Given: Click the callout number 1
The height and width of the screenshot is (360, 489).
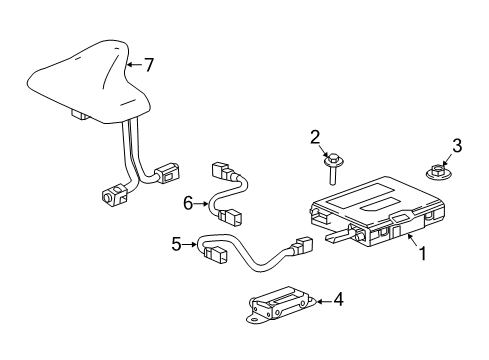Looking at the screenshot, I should (423, 254).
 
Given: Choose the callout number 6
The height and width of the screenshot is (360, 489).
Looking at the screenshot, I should (186, 203).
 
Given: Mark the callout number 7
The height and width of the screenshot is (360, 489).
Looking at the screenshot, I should (148, 66).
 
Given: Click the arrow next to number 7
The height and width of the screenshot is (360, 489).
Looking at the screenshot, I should (133, 67).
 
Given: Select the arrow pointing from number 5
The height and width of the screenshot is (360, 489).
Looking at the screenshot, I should (192, 242).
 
